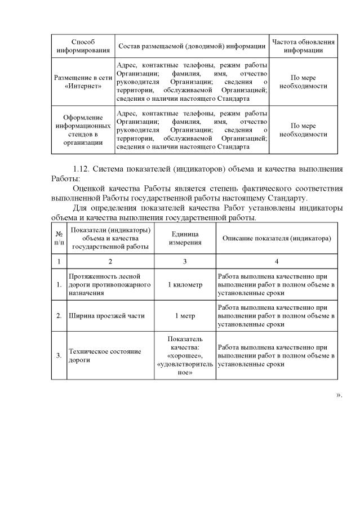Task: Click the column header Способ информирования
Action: click(83, 46)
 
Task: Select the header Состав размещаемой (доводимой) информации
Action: click(192, 46)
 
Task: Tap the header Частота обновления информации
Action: click(303, 46)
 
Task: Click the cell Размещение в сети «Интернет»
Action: click(83, 82)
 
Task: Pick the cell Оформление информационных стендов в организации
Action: click(83, 130)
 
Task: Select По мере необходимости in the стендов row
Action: click(303, 130)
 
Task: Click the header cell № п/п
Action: click(59, 239)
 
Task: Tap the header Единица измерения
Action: click(185, 239)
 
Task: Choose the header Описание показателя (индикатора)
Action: click(277, 239)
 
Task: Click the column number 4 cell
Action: click(277, 262)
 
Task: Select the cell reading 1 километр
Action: click(185, 285)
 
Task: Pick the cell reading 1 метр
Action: click(185, 316)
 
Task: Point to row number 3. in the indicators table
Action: click(59, 355)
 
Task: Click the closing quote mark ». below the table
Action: click(339, 394)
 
